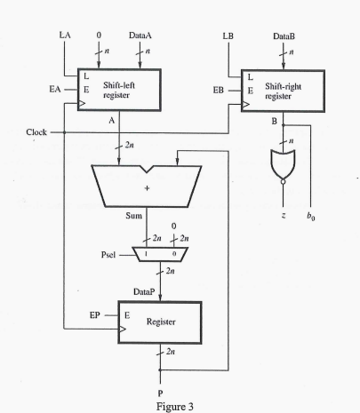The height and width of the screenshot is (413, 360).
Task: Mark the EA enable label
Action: pos(55,89)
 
